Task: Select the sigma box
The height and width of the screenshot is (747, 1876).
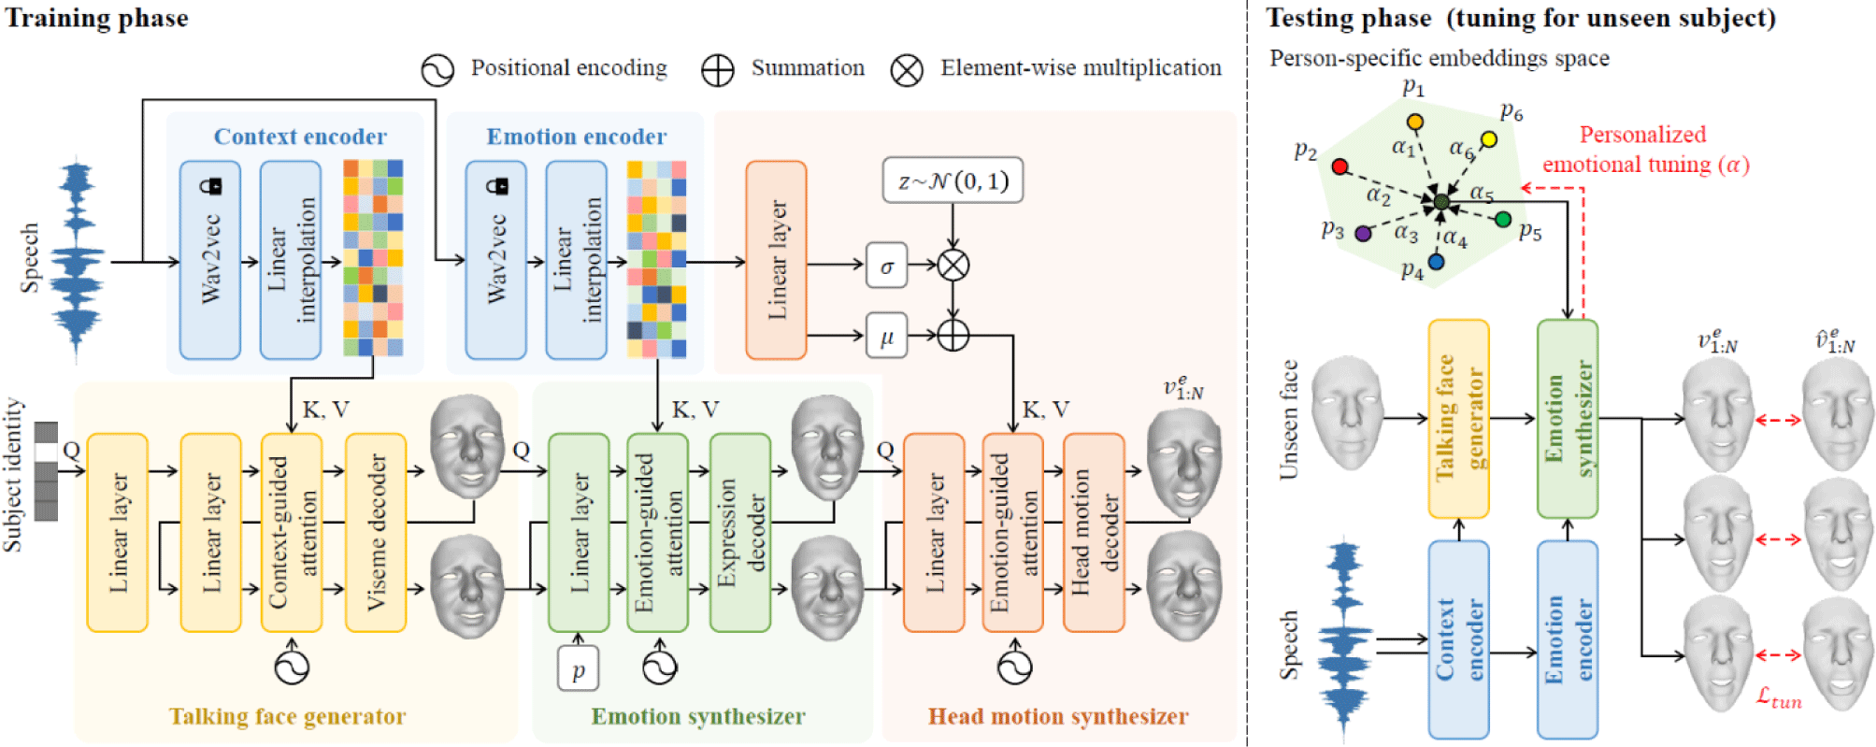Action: coord(886,266)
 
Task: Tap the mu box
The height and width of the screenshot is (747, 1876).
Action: coord(886,336)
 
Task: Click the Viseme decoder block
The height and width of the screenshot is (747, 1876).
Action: coord(376,532)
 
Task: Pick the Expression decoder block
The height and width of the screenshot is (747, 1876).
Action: coord(740,532)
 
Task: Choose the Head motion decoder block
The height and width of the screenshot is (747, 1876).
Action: coord(1094,532)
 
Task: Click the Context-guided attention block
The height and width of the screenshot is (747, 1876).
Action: coord(292,532)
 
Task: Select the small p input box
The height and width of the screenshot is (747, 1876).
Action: coord(578,669)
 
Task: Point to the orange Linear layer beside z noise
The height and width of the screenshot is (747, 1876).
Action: coord(776,260)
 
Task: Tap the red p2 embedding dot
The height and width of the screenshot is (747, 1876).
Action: coord(1339,166)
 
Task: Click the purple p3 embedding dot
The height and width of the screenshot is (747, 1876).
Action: coord(1363,233)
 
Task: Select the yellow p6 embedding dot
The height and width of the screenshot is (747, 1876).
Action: coord(1489,139)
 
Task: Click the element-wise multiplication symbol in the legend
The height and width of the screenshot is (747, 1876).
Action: coord(906,70)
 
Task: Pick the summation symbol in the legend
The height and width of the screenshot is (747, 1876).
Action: coord(717,70)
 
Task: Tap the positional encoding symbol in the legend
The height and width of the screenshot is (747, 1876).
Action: coord(437,70)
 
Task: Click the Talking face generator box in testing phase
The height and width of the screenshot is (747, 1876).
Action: coord(1458,419)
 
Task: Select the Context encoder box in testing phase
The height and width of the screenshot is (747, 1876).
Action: coord(1458,639)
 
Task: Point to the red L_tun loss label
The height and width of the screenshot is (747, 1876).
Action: coord(1778,697)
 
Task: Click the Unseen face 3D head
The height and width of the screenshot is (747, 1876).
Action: coord(1347,411)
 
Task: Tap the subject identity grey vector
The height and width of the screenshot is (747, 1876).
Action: coord(46,471)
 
